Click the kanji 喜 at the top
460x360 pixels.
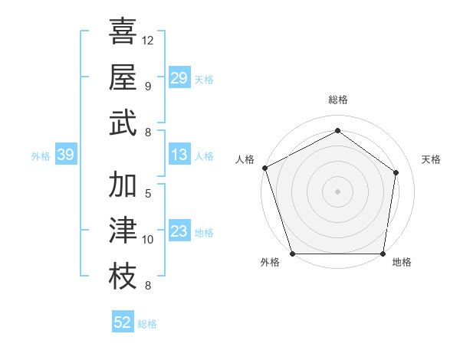[x=123, y=32]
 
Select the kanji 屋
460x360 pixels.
[x=123, y=77]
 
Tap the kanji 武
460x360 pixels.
[x=123, y=123]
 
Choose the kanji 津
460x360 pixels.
[x=123, y=231]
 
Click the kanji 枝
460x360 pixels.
[x=123, y=276]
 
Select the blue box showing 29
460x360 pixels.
[x=179, y=77]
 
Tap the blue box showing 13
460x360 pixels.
[x=179, y=155]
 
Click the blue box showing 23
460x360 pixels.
[x=179, y=232]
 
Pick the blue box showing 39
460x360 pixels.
[x=65, y=155]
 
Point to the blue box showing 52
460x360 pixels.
[x=123, y=322]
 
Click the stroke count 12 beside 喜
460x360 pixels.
[x=148, y=40]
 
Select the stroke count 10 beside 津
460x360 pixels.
[x=148, y=240]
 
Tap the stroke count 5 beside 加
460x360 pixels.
[x=148, y=193]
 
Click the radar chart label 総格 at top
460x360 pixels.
[x=337, y=100]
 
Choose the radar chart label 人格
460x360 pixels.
[x=245, y=159]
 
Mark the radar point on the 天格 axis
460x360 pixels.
[x=396, y=172]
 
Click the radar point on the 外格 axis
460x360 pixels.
[x=293, y=254]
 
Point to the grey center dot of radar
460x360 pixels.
[x=337, y=191]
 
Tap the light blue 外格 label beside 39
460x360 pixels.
[x=41, y=156]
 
